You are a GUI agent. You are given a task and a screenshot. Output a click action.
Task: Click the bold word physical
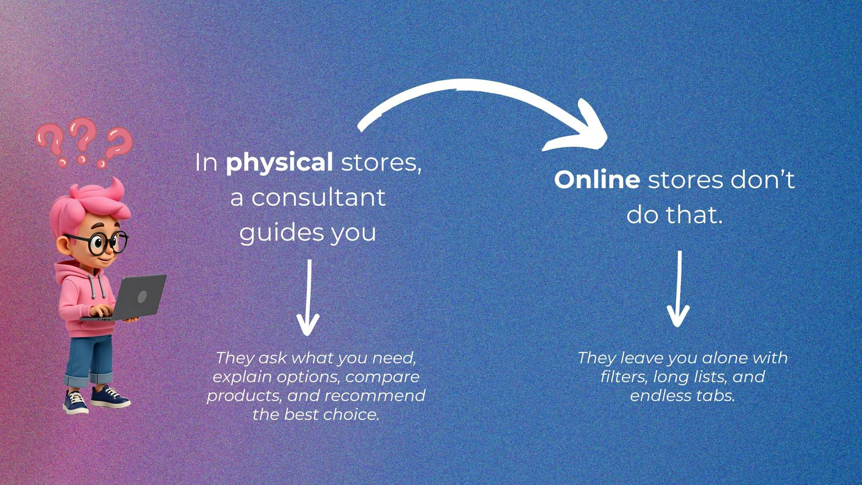point(279,163)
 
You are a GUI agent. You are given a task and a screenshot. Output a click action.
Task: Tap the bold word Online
point(597,179)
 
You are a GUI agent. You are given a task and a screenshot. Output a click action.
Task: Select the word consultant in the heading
point(318,197)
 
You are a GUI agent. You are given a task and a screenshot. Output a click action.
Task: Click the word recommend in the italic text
point(375,396)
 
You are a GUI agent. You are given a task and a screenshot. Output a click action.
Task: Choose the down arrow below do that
point(678,289)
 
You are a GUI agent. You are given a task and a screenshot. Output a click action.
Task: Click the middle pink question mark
point(83,140)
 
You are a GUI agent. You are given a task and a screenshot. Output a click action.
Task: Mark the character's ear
point(64,246)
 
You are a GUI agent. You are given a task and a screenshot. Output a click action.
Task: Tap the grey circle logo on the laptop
point(142,297)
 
